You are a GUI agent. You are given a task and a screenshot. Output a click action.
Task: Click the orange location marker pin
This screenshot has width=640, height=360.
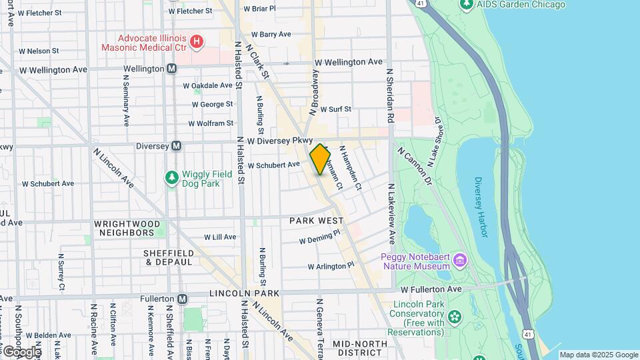point(320,159)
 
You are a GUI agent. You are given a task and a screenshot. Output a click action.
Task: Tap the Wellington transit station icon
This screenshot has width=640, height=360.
point(172,69)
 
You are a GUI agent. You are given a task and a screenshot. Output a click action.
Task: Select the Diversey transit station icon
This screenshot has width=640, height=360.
point(177,146)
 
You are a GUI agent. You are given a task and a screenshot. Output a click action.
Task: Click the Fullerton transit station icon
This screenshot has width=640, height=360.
point(182,299)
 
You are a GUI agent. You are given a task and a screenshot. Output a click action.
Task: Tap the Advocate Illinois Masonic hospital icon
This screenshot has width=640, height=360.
point(197,42)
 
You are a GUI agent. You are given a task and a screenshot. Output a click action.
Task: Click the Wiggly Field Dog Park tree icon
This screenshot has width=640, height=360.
point(171,177)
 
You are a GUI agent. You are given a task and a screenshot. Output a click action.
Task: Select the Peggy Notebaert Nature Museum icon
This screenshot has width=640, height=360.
point(459,259)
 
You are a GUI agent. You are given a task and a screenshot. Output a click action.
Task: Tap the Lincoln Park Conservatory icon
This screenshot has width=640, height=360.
point(455,316)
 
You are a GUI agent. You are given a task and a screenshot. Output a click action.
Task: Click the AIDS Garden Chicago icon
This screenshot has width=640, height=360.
point(467,5)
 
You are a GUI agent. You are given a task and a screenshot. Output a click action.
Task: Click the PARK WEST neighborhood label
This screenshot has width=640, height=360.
point(316,221)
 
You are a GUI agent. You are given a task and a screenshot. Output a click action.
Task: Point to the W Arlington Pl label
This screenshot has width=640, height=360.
point(331,266)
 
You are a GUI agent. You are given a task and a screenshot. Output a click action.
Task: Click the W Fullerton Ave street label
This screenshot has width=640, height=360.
point(431,289)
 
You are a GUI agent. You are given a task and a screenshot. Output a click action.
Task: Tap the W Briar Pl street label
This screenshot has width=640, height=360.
point(259,9)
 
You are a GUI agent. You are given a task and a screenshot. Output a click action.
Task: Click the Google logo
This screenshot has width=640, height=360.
point(21,351)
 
